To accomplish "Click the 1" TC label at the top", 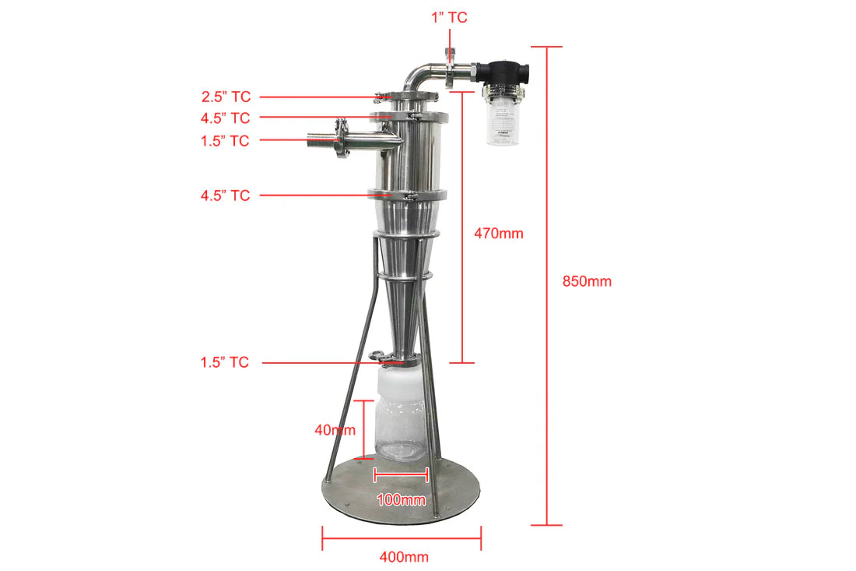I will click(450, 16).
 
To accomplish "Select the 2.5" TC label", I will click(226, 97).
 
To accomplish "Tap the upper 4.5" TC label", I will click(226, 118).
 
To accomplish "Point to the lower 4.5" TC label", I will click(225, 196).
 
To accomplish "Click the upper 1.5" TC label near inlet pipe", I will click(226, 141).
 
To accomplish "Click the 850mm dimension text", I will click(587, 281).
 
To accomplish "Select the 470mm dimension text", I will click(499, 233).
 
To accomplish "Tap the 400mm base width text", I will click(404, 557).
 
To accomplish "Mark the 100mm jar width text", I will click(402, 499).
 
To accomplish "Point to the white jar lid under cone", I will click(400, 381).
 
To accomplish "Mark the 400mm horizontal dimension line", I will click(402, 538).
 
